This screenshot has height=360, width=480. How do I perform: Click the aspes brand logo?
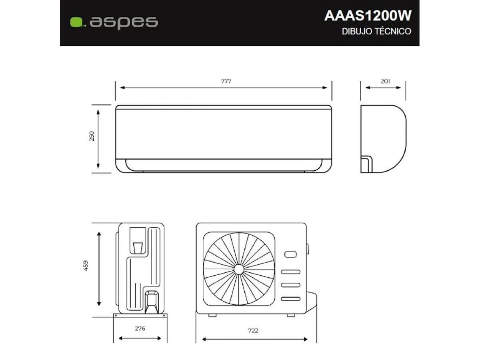point(114,22)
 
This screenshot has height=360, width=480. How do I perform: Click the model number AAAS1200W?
point(368,16)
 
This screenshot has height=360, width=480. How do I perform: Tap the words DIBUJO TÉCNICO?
point(376,32)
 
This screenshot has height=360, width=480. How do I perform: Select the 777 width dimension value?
point(226,81)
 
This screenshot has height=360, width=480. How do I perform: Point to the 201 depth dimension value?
point(385,81)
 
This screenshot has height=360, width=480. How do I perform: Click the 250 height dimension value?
point(92,136)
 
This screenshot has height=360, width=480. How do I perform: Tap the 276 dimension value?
point(140,329)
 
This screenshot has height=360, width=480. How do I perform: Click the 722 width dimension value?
point(253,330)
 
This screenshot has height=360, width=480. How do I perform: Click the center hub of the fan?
point(239,269)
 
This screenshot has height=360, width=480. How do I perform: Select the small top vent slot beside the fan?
point(290,254)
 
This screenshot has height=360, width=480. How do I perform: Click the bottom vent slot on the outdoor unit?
point(290,298)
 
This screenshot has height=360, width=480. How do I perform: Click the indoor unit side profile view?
point(383,139)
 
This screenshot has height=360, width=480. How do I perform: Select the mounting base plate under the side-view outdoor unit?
point(140,315)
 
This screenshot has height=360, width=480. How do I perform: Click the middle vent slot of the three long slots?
point(290,285)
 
